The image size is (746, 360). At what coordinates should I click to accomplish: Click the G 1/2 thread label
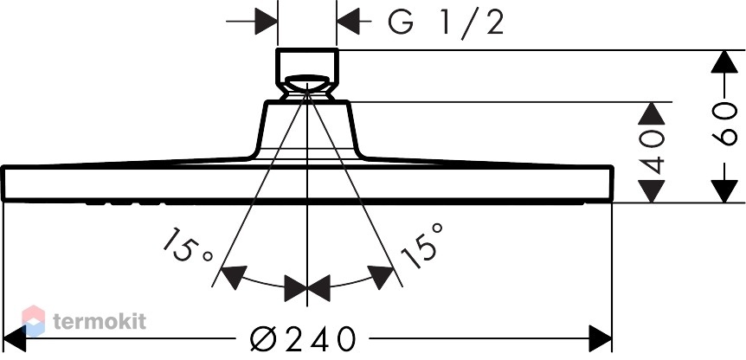446,22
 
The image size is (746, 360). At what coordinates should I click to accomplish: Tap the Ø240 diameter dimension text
303,338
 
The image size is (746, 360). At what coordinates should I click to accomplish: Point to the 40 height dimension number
652,152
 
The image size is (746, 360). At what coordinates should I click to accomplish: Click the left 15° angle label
186,247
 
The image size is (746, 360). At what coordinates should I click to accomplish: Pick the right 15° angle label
423,245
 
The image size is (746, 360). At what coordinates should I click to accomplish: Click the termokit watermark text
100,321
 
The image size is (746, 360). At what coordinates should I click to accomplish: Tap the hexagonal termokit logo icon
33,320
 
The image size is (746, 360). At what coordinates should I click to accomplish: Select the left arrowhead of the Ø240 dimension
14,338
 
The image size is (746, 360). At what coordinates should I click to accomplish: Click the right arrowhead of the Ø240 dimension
601,338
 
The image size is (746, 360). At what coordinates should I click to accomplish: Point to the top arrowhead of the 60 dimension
723,61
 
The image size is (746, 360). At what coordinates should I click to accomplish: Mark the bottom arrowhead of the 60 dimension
723,191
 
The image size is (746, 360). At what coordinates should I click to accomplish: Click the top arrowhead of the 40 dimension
652,113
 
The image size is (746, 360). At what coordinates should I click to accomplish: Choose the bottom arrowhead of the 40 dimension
652,191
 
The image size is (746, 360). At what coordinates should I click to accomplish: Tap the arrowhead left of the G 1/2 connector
266,22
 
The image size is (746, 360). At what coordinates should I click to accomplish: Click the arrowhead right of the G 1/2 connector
348,22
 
